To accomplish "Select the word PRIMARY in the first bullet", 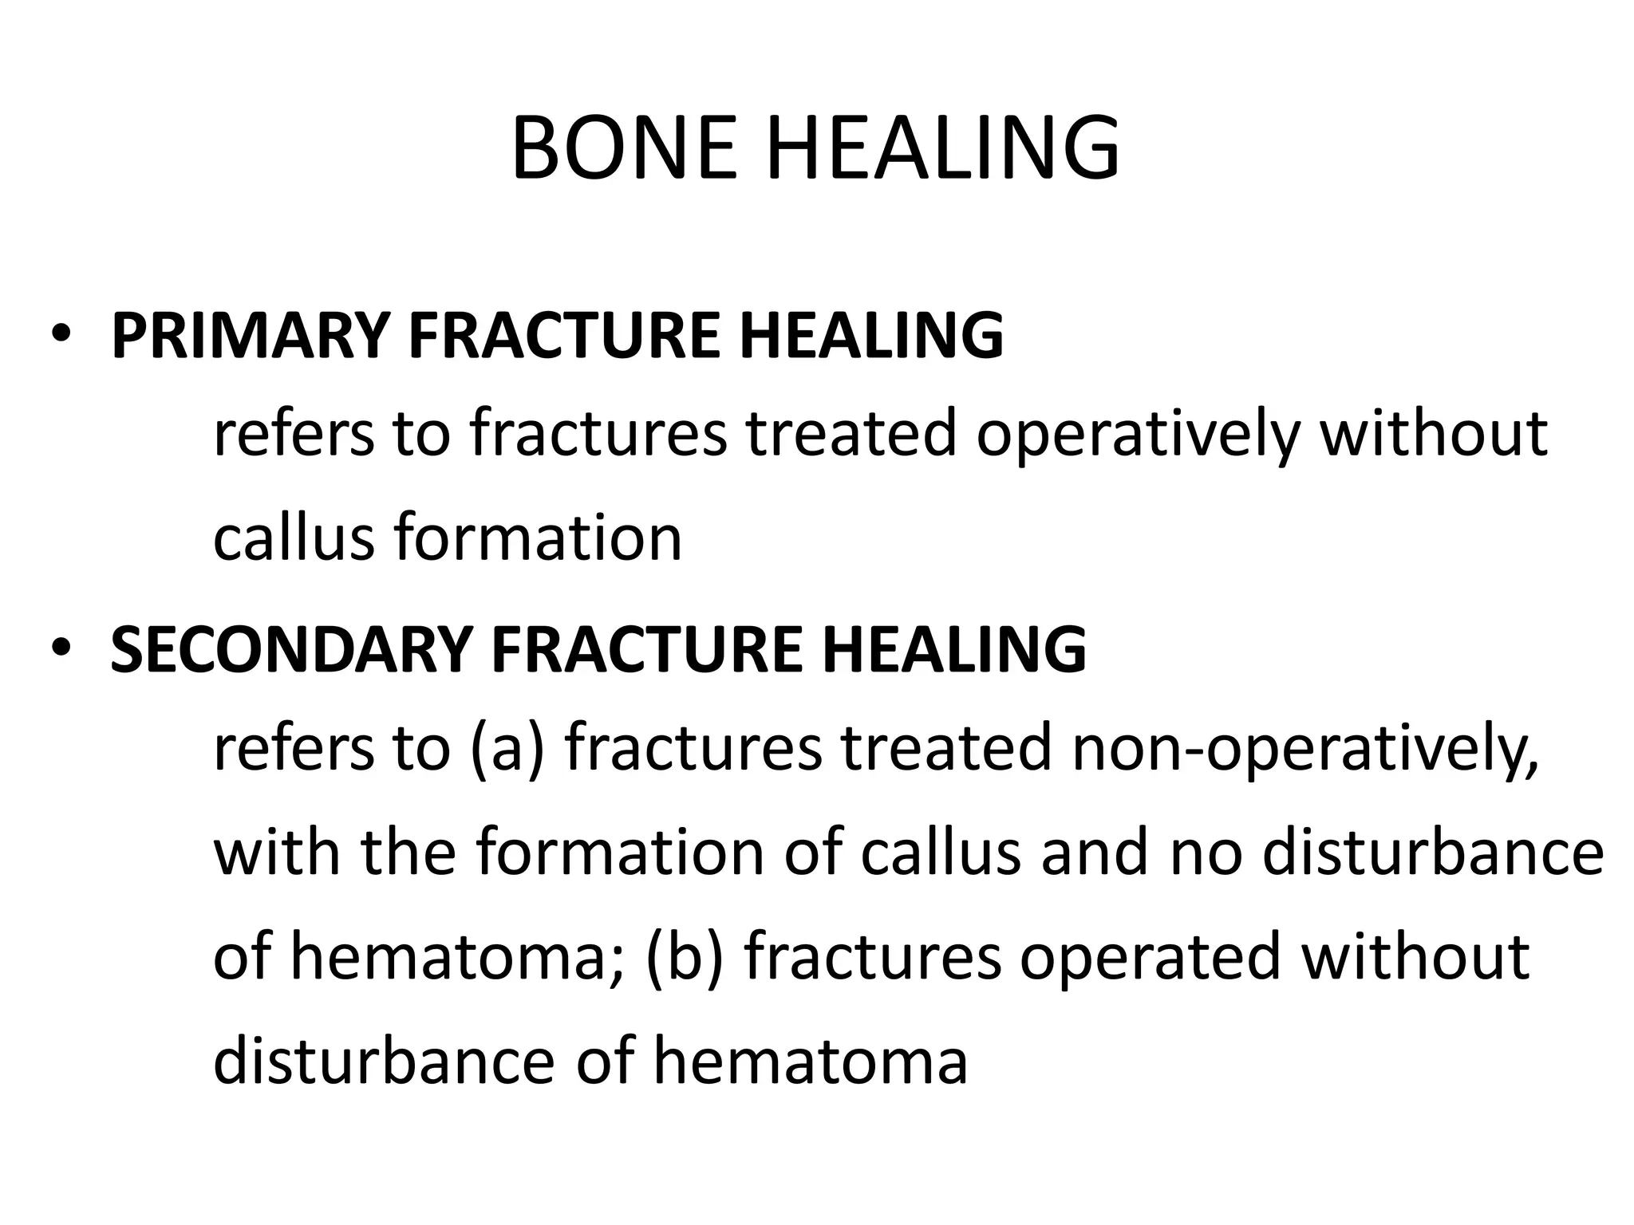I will [250, 336].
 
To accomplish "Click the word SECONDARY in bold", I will [291, 649].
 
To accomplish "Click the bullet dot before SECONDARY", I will [60, 647].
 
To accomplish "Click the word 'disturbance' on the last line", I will [384, 1062].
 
